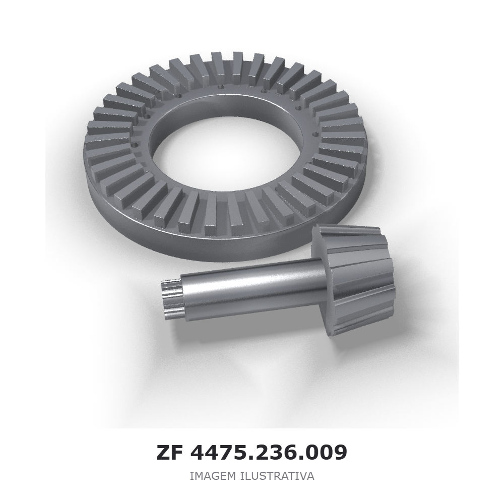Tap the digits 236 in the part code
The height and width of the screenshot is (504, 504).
coord(270,453)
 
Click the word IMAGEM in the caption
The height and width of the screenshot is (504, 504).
coord(213,476)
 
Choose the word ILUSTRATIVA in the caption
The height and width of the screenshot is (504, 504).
coord(277,476)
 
